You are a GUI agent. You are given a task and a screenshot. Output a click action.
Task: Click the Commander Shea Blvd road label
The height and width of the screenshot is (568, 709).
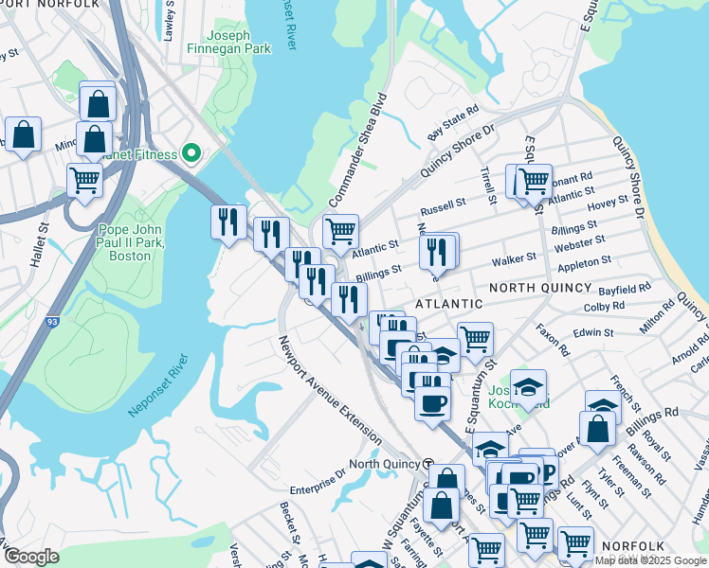tap(359, 151)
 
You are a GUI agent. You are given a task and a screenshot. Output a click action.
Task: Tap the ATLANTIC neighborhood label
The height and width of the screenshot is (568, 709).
tap(448, 303)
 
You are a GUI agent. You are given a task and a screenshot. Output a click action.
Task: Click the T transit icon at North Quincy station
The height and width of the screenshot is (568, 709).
tap(428, 464)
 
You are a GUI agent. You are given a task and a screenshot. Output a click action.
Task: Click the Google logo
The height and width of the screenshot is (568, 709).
tap(30, 556)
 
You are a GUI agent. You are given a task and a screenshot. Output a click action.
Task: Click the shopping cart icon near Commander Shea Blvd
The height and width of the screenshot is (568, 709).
tap(339, 231)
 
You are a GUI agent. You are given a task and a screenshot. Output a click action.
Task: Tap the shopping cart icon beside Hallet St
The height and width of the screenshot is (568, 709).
tap(85, 179)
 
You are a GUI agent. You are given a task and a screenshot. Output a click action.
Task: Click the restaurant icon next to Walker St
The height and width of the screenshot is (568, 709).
tap(438, 252)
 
